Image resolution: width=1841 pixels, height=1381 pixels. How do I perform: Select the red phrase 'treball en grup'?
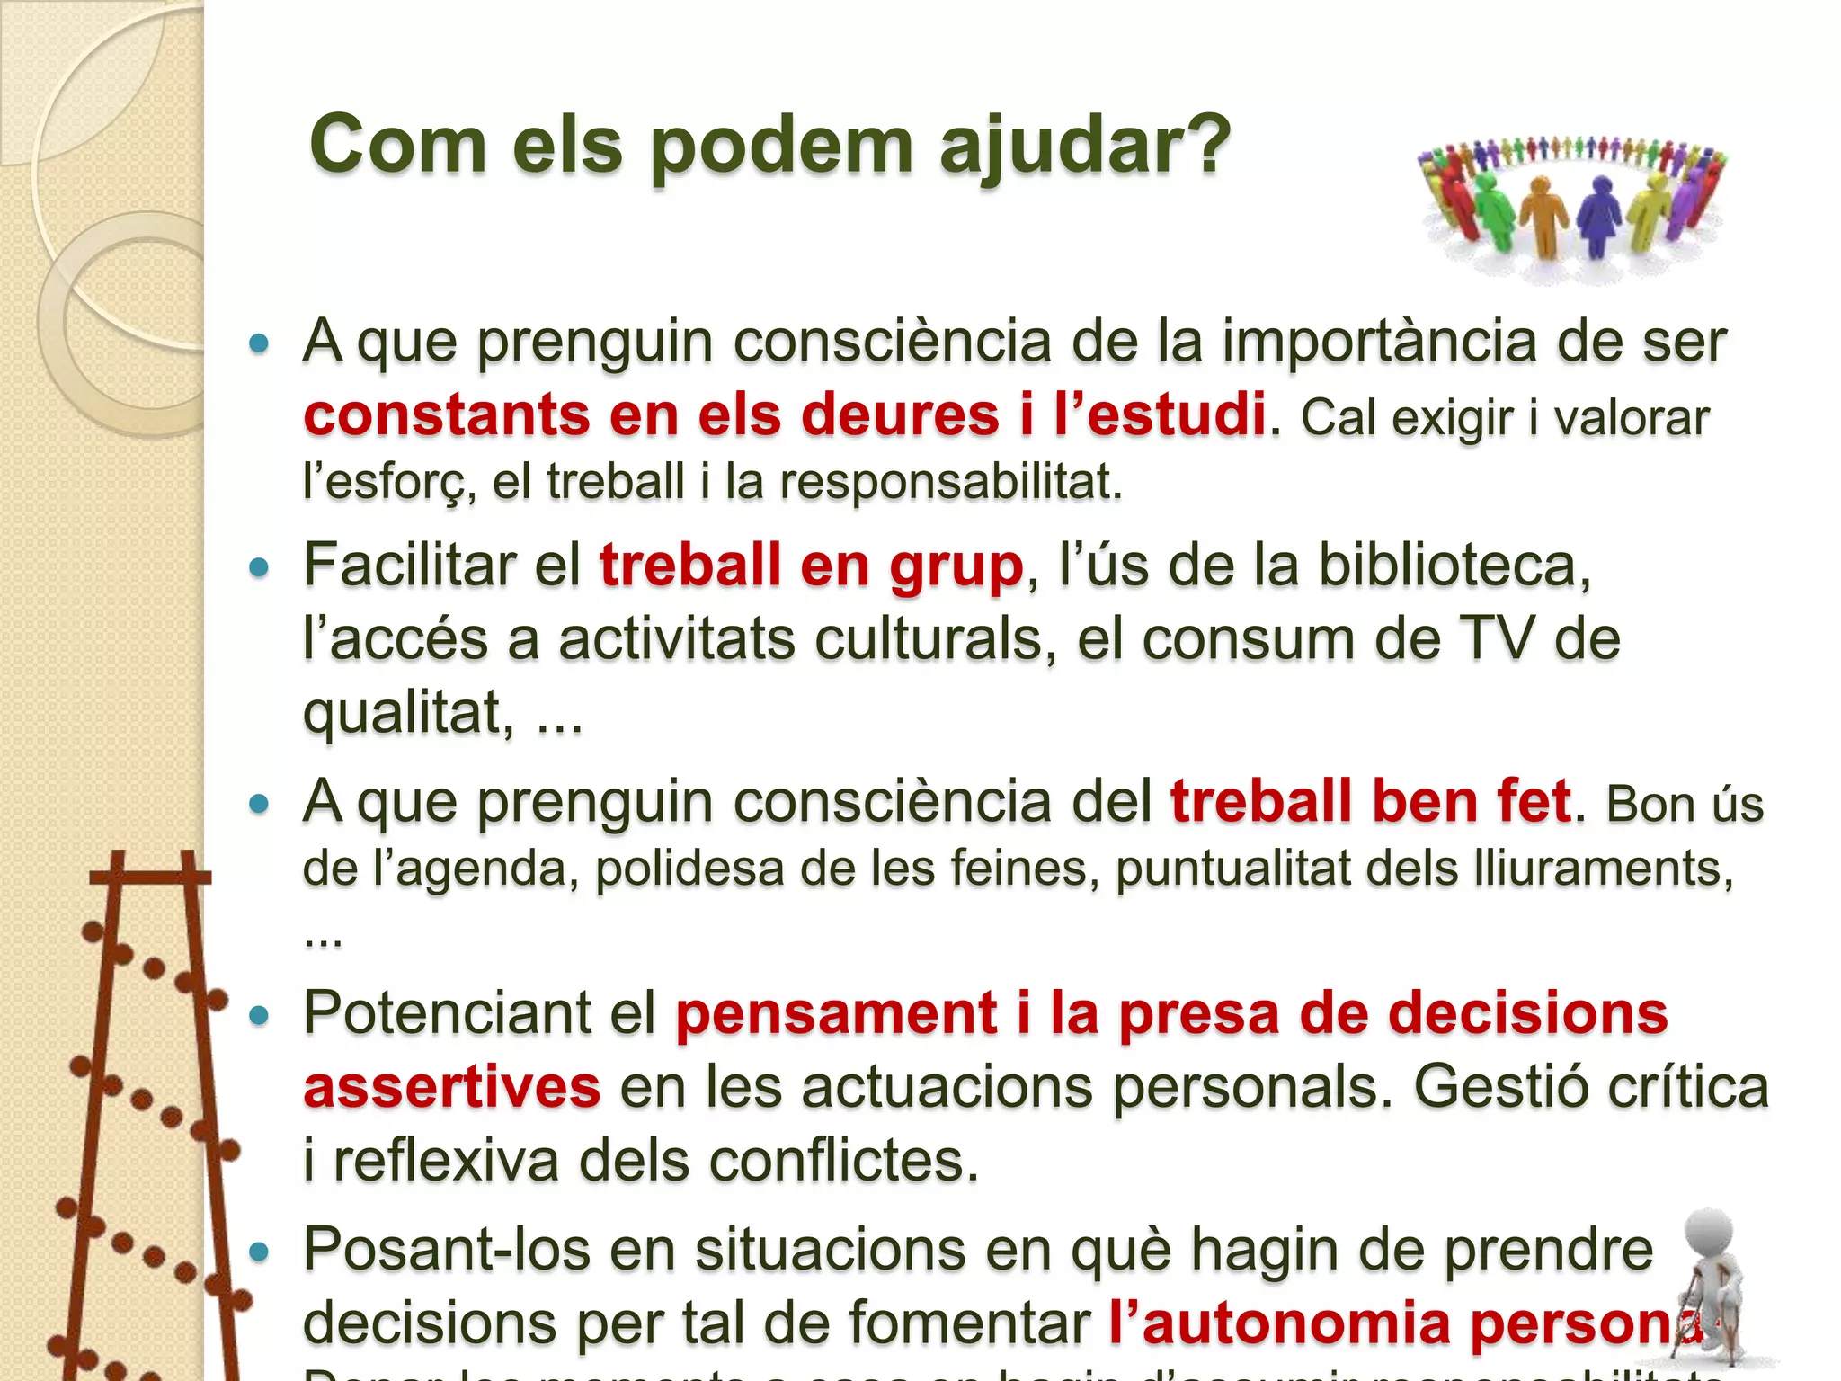811,566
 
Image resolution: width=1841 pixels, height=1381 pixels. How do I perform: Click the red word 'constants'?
446,415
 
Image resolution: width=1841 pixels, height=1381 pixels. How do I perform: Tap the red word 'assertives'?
451,1087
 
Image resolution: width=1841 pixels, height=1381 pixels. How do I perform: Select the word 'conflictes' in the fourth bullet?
843,1161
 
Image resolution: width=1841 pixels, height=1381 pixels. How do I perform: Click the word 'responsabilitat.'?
951,483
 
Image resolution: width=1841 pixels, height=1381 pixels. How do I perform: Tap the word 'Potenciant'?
447,1013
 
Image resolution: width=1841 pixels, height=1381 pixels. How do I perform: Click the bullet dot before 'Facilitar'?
259,567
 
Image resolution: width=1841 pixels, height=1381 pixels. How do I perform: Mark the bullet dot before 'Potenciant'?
259,1015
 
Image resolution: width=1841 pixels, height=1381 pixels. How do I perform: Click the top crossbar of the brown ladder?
151,876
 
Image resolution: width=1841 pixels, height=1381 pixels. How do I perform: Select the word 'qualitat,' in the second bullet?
409,713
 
